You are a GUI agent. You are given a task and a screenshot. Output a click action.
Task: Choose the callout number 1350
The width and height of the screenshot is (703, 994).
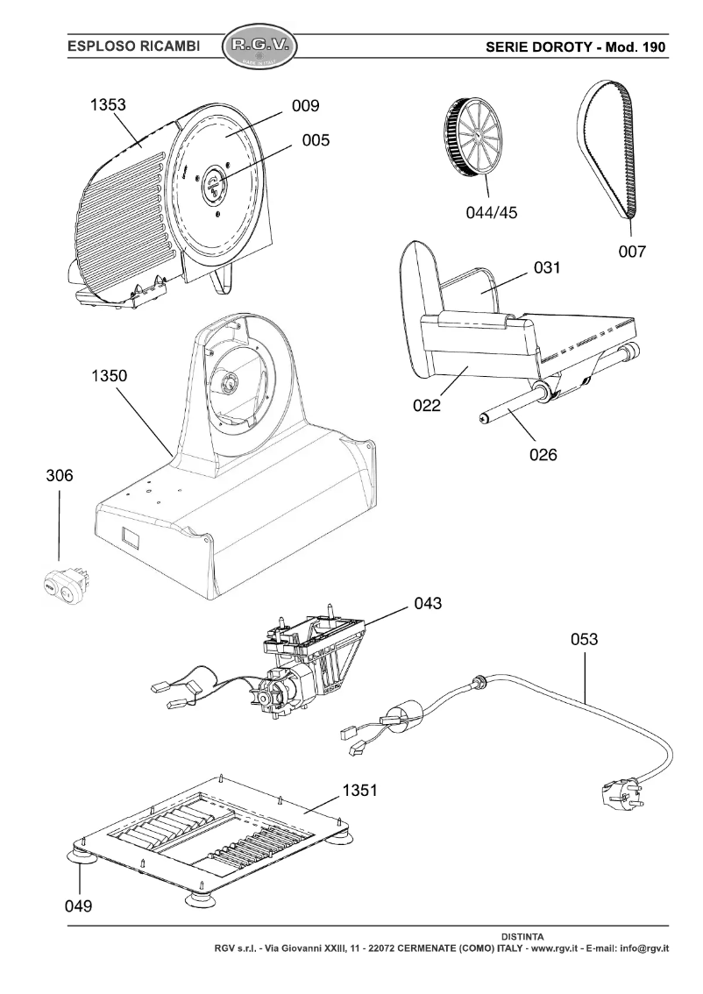pyautogui.click(x=109, y=376)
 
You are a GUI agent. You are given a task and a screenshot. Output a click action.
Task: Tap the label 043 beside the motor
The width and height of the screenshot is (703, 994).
pyautogui.click(x=429, y=603)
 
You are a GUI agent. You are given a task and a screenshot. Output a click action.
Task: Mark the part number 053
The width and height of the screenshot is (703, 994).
pyautogui.click(x=585, y=639)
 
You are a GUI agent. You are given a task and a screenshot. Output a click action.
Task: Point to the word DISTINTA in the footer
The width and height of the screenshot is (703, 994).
pyautogui.click(x=525, y=936)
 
